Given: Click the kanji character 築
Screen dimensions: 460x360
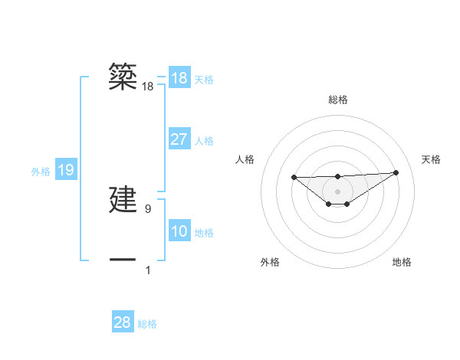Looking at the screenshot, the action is (x=123, y=77).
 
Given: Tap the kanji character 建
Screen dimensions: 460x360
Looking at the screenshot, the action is (x=123, y=201).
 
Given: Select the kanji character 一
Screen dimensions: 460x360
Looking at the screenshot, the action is (x=123, y=260).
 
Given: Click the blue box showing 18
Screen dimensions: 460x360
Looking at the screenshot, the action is (x=179, y=78).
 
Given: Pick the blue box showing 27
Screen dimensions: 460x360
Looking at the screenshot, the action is (x=179, y=139).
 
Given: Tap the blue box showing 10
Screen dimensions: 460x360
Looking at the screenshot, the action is (x=179, y=231).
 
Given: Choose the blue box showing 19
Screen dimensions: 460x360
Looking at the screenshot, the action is (x=66, y=170).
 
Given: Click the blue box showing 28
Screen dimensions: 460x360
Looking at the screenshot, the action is (x=123, y=322).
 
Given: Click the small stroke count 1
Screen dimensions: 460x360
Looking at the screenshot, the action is (x=148, y=270).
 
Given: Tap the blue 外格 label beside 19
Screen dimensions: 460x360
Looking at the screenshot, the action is (x=41, y=172).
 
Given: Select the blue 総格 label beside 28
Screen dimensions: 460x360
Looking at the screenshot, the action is (x=147, y=324).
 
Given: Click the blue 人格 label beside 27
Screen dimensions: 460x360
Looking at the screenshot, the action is (x=205, y=141).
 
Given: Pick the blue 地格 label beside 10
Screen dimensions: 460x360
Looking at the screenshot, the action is (x=205, y=233).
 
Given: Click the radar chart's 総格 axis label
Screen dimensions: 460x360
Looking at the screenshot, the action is (x=337, y=100).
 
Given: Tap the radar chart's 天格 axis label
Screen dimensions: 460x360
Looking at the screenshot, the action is (x=431, y=159).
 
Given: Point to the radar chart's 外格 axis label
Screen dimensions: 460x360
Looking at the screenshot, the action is (x=270, y=262).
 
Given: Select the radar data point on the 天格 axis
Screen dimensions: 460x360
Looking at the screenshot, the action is (x=396, y=172).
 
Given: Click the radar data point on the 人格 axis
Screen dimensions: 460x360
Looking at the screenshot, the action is (x=294, y=177).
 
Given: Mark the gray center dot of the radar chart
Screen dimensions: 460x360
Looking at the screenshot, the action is (x=337, y=191).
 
